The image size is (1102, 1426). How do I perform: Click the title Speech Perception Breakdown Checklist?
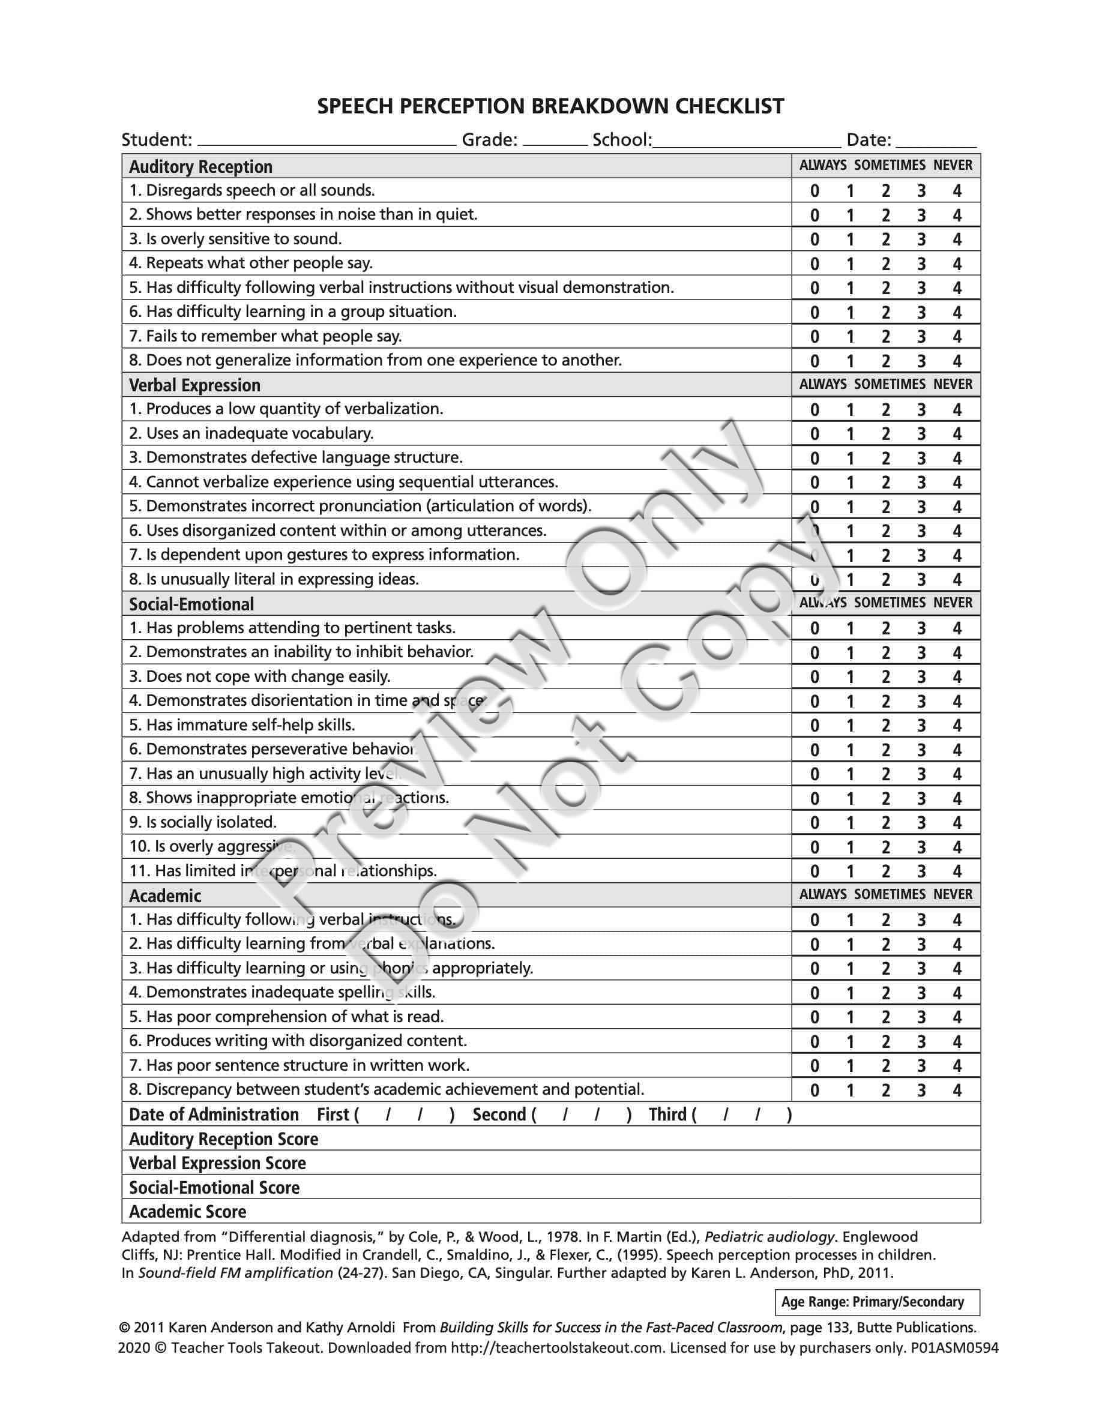point(550,106)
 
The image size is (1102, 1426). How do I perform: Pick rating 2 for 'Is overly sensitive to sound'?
point(886,239)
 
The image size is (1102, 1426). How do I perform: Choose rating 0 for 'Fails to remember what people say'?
point(814,337)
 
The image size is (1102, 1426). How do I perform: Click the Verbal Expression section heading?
point(194,385)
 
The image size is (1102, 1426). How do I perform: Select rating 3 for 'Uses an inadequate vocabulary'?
point(921,434)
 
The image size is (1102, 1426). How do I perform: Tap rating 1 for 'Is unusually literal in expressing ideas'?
point(850,580)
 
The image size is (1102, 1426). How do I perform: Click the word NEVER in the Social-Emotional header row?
point(953,603)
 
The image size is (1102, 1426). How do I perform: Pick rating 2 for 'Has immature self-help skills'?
point(886,726)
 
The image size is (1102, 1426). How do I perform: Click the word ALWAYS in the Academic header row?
point(822,894)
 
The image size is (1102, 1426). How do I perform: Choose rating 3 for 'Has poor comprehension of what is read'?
point(921,1017)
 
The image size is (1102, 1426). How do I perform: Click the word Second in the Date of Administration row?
point(499,1115)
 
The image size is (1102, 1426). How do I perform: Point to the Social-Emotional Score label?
point(214,1188)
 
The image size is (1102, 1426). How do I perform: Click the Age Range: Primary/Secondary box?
point(876,1302)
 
